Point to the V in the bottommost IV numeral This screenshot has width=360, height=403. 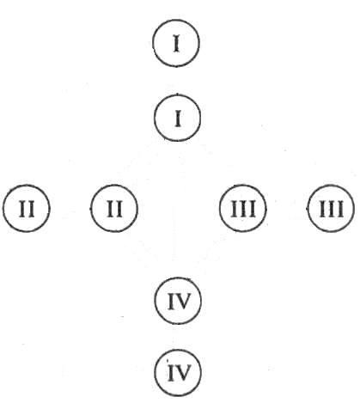[183, 374]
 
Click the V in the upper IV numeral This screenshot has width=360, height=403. [183, 302]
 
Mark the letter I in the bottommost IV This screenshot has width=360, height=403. [171, 373]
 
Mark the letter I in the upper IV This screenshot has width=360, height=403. [171, 302]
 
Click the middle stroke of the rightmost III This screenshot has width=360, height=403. [331, 209]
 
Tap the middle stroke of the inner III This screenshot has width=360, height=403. [243, 209]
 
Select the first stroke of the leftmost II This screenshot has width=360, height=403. [22, 209]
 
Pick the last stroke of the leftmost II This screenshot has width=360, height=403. [31, 209]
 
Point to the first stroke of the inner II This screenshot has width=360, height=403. [110, 209]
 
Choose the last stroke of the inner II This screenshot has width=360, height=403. [119, 209]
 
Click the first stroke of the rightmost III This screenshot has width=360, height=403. [322, 209]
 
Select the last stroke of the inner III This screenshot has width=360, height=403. [252, 209]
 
